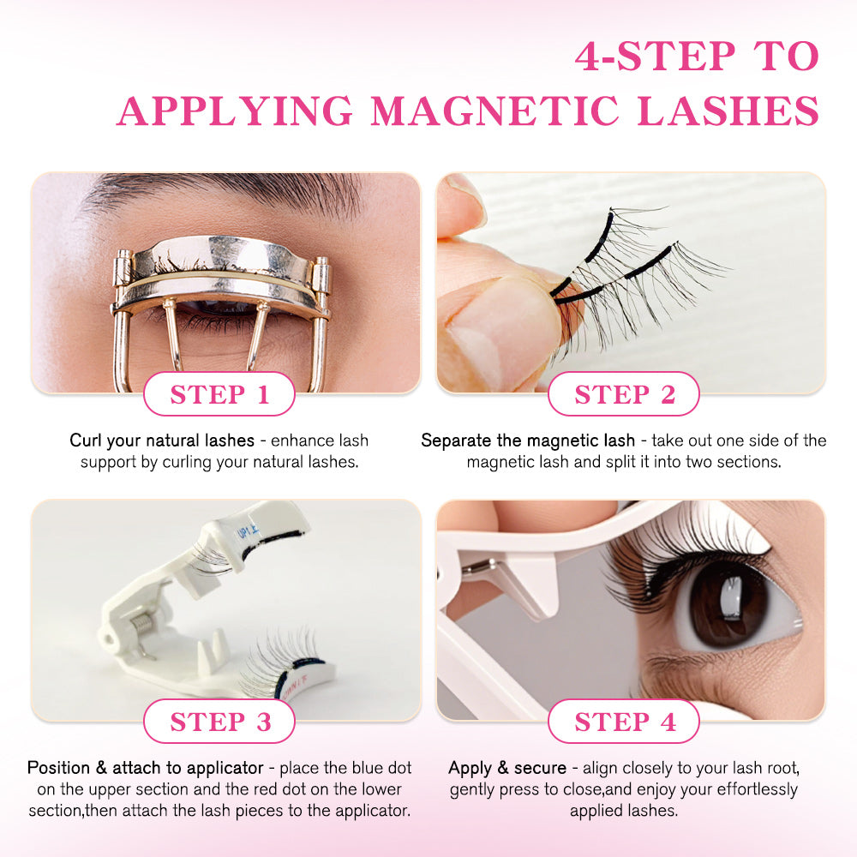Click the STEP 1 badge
point(219,394)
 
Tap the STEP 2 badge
point(624,394)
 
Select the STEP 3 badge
point(219,722)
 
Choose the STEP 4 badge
point(624,722)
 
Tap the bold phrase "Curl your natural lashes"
point(162,440)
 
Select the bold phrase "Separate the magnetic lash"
point(528,440)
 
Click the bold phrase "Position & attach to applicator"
point(150,768)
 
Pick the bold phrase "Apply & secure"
point(507,768)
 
